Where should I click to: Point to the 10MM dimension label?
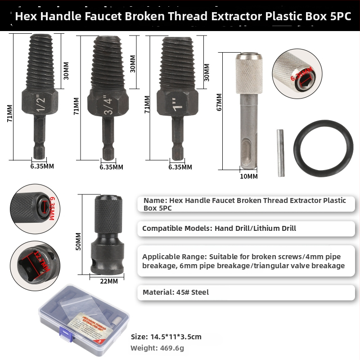pyautogui.click(x=249, y=176)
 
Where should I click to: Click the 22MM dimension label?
pyautogui.click(x=108, y=281)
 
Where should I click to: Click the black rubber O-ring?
pyautogui.click(x=323, y=148)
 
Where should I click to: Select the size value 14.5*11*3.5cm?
pyautogui.click(x=179, y=337)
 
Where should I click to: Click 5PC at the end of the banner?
pyautogui.click(x=339, y=17)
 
